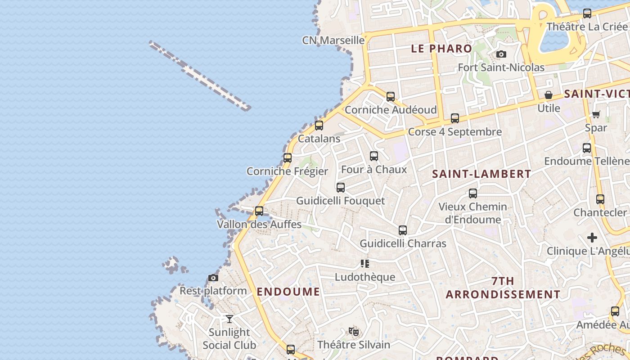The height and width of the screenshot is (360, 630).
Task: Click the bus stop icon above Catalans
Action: pyautogui.click(x=319, y=126)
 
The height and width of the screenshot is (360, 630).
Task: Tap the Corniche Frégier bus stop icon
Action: pyautogui.click(x=288, y=158)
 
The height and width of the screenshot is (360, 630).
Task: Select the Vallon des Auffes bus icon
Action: pyautogui.click(x=259, y=211)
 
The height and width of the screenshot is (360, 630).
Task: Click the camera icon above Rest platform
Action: pyautogui.click(x=213, y=278)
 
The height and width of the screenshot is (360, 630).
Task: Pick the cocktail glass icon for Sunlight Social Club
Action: pyautogui.click(x=229, y=319)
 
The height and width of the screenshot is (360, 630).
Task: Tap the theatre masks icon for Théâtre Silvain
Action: pyautogui.click(x=354, y=332)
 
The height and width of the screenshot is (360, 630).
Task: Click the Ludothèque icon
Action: pyautogui.click(x=365, y=264)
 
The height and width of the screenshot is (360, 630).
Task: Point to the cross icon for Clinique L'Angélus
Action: pyautogui.click(x=592, y=238)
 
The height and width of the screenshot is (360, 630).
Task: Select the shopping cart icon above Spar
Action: pyautogui.click(x=596, y=114)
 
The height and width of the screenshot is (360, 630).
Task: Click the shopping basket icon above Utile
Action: pyautogui.click(x=549, y=95)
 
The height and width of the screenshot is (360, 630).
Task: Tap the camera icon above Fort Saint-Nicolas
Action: pyautogui.click(x=501, y=54)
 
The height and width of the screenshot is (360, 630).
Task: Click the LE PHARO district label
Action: pyautogui.click(x=441, y=49)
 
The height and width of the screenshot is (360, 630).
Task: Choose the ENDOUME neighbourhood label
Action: pyautogui.click(x=288, y=292)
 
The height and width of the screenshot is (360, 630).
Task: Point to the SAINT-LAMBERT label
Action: pyautogui.click(x=481, y=174)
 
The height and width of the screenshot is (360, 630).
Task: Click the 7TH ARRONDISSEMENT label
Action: pyautogui.click(x=503, y=288)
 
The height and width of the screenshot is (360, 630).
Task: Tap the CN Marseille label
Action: pyautogui.click(x=333, y=40)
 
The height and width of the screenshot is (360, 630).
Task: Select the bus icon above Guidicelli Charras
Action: pyautogui.click(x=403, y=230)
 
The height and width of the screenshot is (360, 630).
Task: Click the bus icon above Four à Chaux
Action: pyautogui.click(x=374, y=156)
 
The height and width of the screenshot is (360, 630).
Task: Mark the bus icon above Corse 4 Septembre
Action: pyautogui.click(x=455, y=118)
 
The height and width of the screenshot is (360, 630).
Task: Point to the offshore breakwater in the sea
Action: pyautogui.click(x=200, y=76)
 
